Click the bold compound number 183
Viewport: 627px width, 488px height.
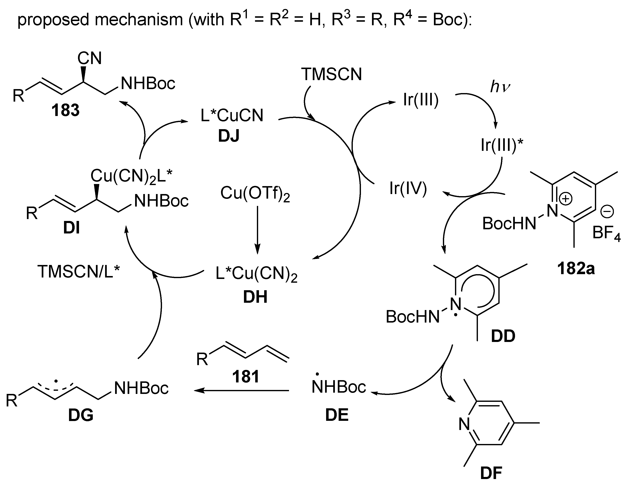point(65,111)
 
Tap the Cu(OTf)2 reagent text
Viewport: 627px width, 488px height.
point(255,194)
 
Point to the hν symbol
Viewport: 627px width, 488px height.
point(500,87)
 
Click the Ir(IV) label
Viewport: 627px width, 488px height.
point(408,189)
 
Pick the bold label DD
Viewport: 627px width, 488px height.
point(503,336)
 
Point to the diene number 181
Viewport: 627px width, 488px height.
point(246,377)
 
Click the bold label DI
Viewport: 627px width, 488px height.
point(72,229)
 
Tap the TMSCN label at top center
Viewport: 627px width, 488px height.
point(331,74)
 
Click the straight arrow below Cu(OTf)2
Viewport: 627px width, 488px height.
point(258,230)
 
